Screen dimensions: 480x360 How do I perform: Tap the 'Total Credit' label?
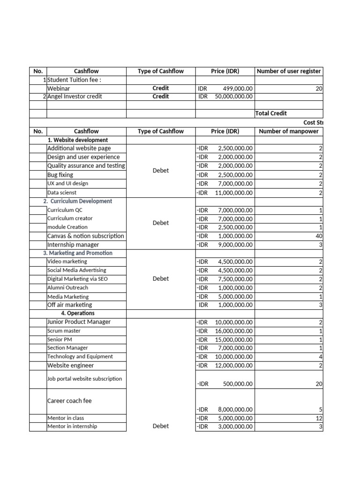point(271,113)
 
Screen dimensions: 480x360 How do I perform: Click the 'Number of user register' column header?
point(288,71)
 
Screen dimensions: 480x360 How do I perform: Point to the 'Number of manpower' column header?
point(288,131)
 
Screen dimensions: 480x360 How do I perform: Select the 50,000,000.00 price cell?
point(233,97)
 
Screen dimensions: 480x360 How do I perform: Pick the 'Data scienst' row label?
point(62,193)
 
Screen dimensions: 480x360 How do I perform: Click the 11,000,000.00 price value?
point(233,193)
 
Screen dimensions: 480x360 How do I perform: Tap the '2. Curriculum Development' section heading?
point(81,201)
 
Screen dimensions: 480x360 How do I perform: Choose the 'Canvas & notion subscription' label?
point(86,236)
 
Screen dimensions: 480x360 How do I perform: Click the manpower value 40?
point(319,236)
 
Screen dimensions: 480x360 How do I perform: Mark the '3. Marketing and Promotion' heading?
point(81,253)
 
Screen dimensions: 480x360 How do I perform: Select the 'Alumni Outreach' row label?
point(67,288)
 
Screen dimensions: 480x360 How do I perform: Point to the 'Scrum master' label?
point(64,331)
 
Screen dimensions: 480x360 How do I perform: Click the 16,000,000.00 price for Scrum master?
point(233,331)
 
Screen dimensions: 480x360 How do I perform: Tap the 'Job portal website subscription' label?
point(84,379)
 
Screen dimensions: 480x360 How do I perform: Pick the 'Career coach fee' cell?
point(69,401)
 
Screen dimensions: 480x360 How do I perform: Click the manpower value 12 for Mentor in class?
point(319,418)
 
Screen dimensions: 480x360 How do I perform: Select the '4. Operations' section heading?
point(77,313)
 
